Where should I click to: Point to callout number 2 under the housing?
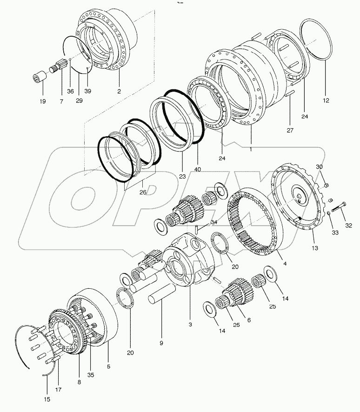point(119,91)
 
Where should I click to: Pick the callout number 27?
point(290,131)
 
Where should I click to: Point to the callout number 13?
point(315,248)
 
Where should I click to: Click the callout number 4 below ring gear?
point(285,264)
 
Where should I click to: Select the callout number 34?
point(213,222)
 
